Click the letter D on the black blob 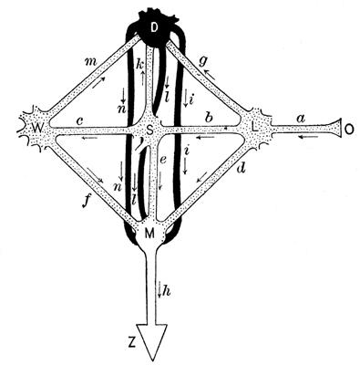pyautogui.click(x=154, y=28)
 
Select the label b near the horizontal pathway pyautogui.click(x=211, y=119)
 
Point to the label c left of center pyautogui.click(x=80, y=119)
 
